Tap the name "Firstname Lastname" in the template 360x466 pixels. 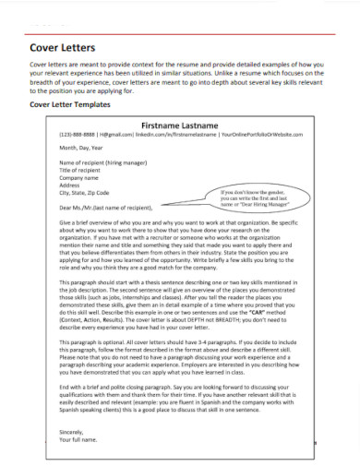click(x=180, y=123)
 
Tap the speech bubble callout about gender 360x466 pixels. click(x=256, y=196)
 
